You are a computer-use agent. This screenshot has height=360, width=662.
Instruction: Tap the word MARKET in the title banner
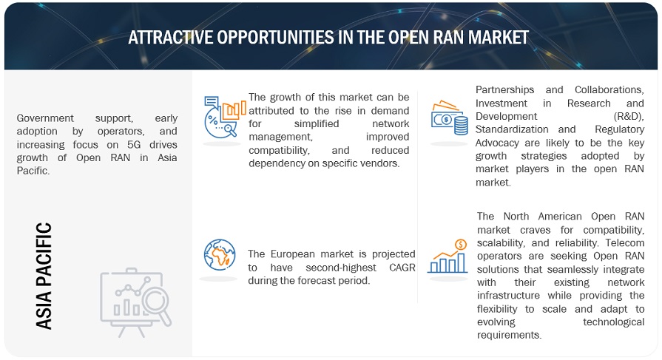coord(499,38)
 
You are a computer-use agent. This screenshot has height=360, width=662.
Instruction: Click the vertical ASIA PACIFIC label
coord(44,276)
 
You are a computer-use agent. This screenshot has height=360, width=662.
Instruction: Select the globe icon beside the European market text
coord(220,254)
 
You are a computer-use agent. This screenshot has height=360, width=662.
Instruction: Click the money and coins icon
coord(449,118)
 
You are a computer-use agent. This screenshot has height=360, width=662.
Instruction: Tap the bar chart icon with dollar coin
coord(447,257)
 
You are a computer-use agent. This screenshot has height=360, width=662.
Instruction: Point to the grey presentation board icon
coord(136,302)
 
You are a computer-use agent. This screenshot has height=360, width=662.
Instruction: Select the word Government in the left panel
coord(45,118)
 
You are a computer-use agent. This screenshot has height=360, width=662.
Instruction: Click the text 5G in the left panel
coord(134,144)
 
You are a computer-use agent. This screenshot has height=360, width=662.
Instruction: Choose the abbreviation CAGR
coord(402,268)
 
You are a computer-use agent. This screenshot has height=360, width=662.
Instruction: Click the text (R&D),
coord(629,116)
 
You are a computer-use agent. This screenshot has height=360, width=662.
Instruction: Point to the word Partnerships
coord(505,90)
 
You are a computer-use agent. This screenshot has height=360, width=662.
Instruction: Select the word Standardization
coord(512,129)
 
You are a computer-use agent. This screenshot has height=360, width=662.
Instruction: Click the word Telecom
coord(625,242)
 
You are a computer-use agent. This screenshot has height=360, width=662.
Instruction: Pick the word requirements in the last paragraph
coord(509,335)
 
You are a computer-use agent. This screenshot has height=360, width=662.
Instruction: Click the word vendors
coord(381,163)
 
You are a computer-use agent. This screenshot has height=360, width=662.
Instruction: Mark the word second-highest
coord(341,268)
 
